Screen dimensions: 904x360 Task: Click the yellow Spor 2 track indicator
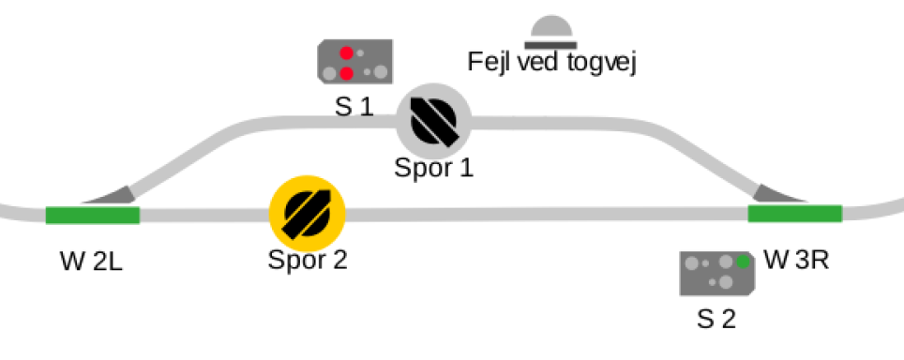308,214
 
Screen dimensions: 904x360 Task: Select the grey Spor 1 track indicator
433,121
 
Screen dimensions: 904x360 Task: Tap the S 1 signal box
355,61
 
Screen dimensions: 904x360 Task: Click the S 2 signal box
716,274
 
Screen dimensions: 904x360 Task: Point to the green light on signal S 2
743,262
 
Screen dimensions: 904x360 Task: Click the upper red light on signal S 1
346,53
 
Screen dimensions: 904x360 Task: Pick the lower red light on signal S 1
346,74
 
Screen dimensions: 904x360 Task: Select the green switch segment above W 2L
92,216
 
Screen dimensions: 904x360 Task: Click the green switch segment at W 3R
795,213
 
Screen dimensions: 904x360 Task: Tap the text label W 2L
91,262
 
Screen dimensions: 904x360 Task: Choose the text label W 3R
796,261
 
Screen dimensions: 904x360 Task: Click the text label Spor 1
433,168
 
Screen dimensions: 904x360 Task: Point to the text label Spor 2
308,260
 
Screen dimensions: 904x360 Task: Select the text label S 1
354,107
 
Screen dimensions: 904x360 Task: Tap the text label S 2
716,319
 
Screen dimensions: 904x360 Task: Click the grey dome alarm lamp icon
550,32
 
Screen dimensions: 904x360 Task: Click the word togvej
601,63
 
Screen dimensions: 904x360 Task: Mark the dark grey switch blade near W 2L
110,195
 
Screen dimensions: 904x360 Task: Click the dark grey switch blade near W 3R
780,193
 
